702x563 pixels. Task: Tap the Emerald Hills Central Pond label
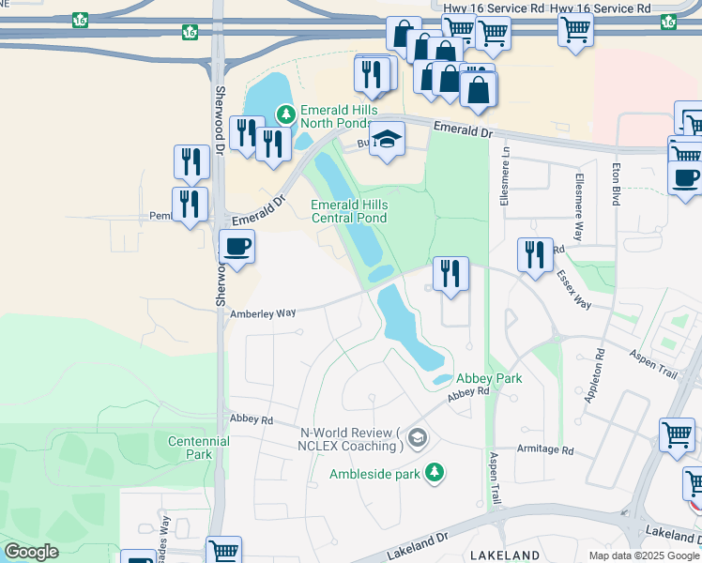click(348, 211)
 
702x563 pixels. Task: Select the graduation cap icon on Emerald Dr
click(385, 141)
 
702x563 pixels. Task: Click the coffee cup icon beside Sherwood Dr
click(237, 248)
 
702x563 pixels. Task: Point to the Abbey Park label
click(489, 378)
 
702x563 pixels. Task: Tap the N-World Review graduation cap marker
click(418, 438)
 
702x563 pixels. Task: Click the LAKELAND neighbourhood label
click(505, 555)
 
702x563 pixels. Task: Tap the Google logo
click(31, 552)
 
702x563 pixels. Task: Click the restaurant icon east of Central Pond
click(450, 274)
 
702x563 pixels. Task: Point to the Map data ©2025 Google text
click(644, 555)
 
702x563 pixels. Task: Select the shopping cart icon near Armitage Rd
click(676, 435)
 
